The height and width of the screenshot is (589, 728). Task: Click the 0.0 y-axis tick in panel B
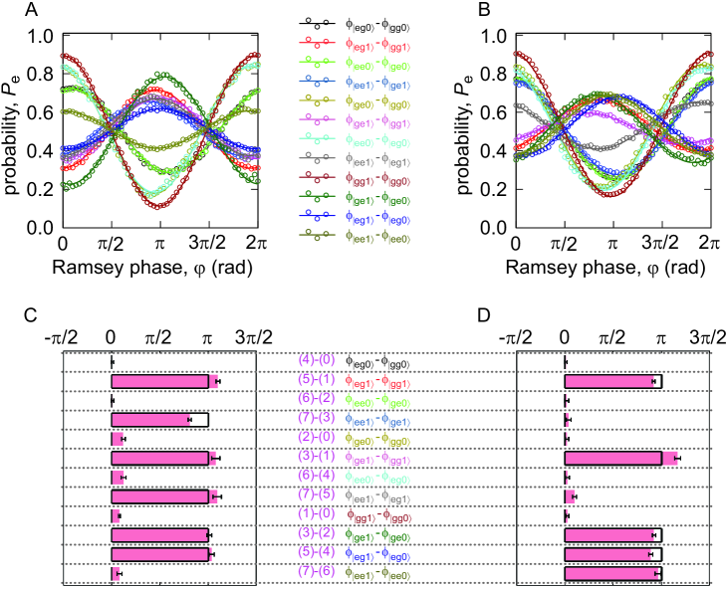494,228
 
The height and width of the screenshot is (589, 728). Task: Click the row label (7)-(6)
319,574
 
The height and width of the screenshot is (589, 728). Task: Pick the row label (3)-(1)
319,458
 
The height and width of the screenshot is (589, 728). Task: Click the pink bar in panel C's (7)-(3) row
150,419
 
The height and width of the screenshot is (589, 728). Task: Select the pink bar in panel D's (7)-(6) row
611,574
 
